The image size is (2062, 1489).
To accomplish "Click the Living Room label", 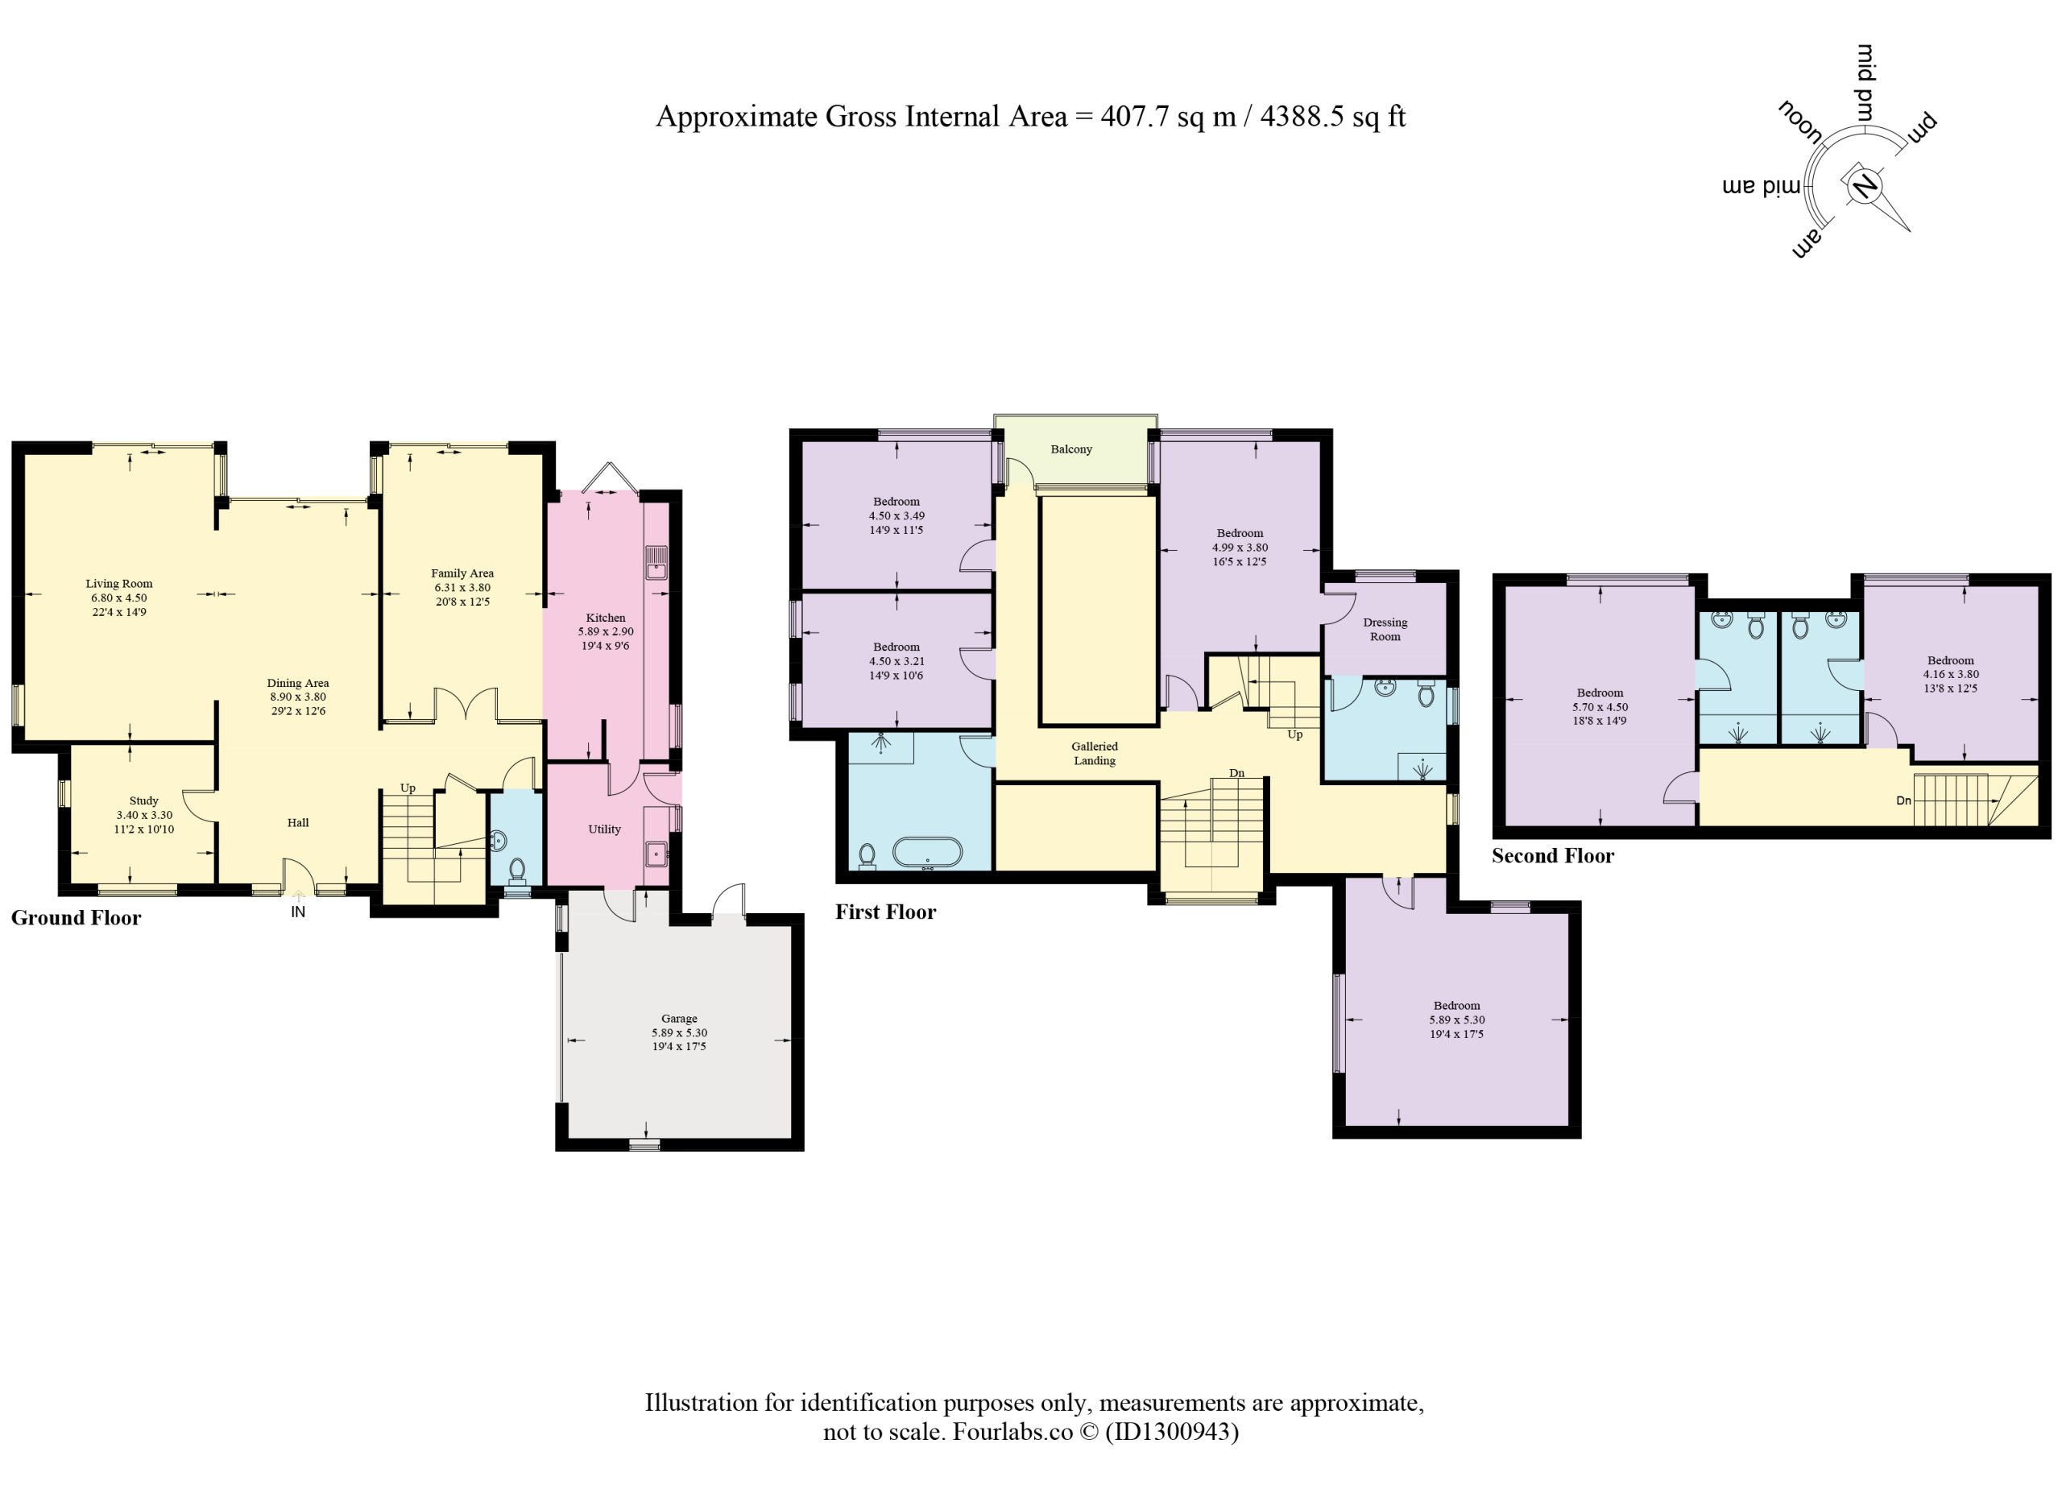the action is point(119,584).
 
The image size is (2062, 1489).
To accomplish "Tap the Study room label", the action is point(143,800).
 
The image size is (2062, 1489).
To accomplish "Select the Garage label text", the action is point(679,1019).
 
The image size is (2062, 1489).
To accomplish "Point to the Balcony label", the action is point(1071,449).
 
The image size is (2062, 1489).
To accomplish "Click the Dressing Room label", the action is point(1385,629).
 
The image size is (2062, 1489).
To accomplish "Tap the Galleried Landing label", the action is point(1095,754).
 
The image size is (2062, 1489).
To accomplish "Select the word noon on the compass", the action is point(1800,122).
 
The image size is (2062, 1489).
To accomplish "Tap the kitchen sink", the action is point(656,564).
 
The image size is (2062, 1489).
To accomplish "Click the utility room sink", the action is point(656,853).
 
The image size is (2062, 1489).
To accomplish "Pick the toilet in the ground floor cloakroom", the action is point(517,870).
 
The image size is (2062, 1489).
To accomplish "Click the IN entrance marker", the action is point(298,912).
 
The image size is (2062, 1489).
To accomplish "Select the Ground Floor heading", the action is point(77,918).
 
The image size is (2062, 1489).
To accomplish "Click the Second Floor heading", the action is point(1553,855).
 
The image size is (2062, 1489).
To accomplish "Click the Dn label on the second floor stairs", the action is point(1904,800).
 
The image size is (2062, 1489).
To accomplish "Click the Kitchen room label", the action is point(606,617).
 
